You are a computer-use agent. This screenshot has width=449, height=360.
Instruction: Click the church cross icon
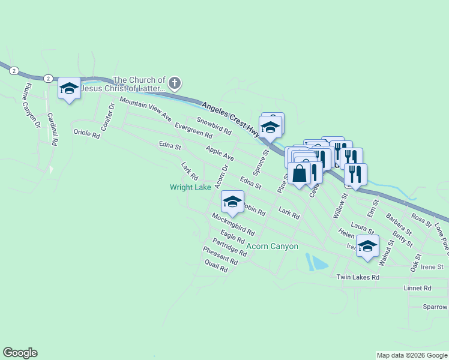click(x=174, y=83)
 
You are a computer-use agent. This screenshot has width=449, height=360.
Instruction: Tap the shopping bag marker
click(x=300, y=173)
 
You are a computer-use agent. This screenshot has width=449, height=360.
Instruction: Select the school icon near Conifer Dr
click(x=70, y=89)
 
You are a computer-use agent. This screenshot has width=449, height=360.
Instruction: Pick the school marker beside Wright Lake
click(x=232, y=201)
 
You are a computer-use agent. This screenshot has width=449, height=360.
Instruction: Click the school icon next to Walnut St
click(x=367, y=245)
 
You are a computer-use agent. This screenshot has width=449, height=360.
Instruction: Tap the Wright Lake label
click(x=190, y=187)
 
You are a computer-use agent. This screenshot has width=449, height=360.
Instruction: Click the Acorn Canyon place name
click(x=272, y=247)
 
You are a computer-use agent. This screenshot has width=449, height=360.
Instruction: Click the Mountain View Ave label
click(x=146, y=109)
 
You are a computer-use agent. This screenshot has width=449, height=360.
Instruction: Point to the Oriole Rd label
click(x=86, y=133)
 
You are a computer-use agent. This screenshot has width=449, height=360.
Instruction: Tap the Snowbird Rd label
click(x=214, y=125)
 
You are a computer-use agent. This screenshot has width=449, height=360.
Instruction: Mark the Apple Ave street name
click(x=219, y=153)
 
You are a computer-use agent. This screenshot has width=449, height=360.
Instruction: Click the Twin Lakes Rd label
click(x=358, y=277)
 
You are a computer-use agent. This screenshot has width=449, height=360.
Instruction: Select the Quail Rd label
click(x=215, y=266)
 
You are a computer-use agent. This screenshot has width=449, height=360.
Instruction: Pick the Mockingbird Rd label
click(x=234, y=224)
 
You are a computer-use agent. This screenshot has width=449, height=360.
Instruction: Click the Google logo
click(x=20, y=353)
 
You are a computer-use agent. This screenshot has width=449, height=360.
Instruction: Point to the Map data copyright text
click(x=411, y=355)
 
